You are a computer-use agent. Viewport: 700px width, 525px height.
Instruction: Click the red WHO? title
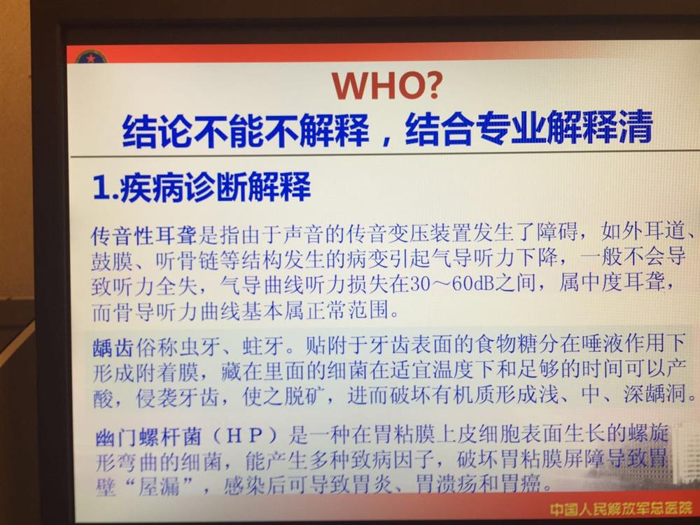386,85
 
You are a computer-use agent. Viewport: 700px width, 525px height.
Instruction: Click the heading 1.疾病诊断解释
202,187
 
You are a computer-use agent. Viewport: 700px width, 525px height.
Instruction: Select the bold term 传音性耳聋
143,235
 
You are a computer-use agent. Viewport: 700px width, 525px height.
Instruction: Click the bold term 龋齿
113,347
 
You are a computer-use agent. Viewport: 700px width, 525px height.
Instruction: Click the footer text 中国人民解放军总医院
620,508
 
